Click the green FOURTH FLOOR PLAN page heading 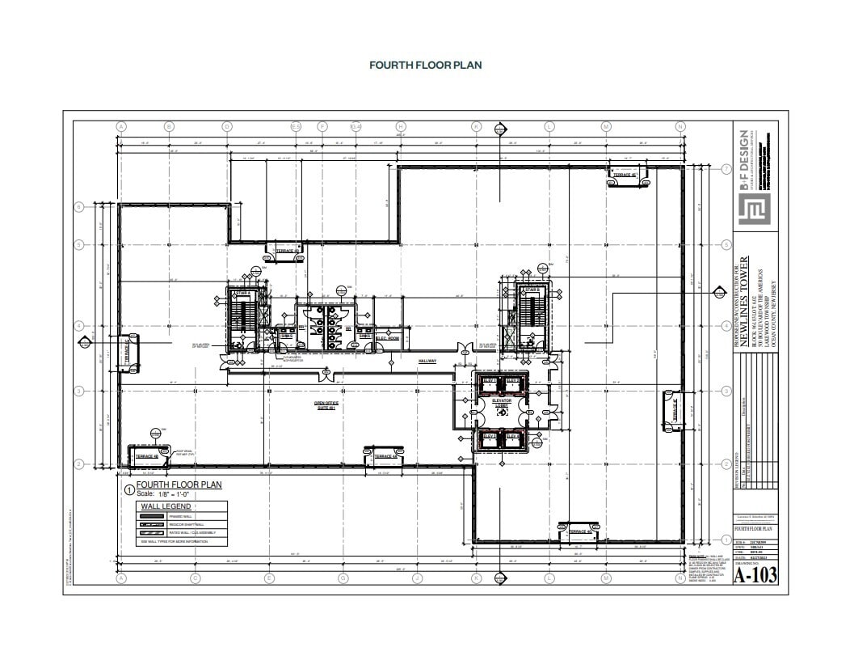point(425,66)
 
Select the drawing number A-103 point(755,575)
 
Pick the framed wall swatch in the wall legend point(162,515)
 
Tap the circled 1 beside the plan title point(128,489)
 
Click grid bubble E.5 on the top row point(296,127)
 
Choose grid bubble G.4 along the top point(355,127)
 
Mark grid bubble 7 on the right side point(726,169)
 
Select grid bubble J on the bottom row point(416,578)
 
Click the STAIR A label point(242,293)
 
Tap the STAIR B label point(531,290)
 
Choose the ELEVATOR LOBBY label point(501,402)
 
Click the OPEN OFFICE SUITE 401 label point(325,404)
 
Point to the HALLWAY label point(427,361)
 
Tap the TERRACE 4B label point(146,456)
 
